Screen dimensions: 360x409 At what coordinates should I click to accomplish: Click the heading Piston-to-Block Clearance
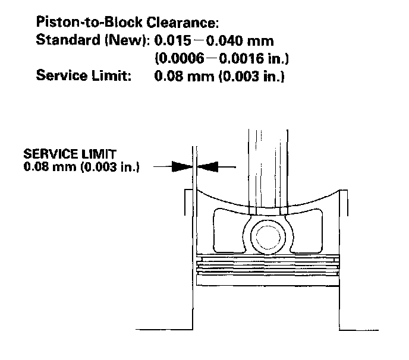(128, 23)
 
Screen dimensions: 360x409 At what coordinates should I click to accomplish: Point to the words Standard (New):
(92, 42)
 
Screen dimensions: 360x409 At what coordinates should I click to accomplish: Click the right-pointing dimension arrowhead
(180, 168)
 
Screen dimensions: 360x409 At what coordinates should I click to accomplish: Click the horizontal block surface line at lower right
(369, 329)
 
